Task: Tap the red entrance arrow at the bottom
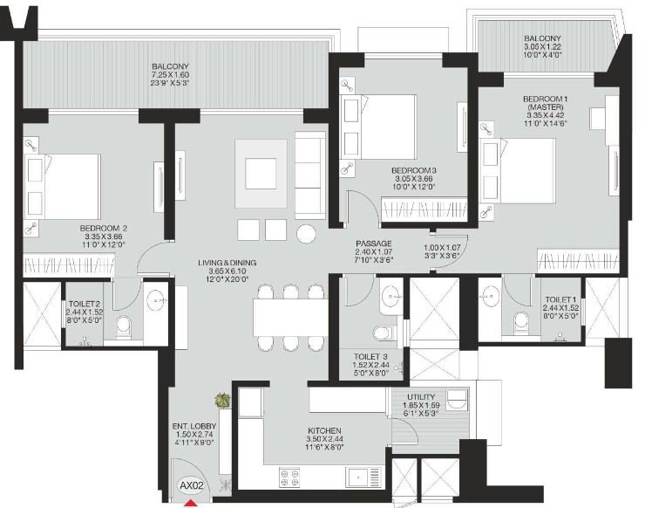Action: click(x=190, y=502)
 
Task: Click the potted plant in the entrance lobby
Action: click(x=223, y=402)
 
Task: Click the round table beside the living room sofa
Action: click(x=306, y=233)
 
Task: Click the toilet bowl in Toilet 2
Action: click(x=124, y=328)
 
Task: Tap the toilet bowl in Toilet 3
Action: click(x=381, y=332)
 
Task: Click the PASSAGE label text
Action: click(x=373, y=244)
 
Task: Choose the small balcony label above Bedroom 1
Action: click(x=542, y=39)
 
